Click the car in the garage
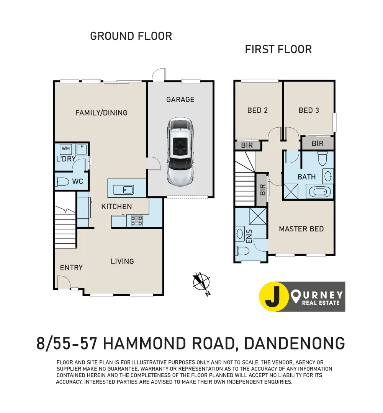pos(180,152)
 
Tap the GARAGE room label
pos(180,99)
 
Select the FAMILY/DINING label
pos(101,113)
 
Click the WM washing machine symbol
pos(65,149)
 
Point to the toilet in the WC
pos(63,182)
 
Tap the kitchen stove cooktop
pos(137,221)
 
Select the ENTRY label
pos(71,268)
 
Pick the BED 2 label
pos(257,111)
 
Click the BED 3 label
pos(309,111)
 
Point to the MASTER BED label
pos(301,229)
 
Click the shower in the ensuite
pos(257,216)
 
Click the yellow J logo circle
pos(274,297)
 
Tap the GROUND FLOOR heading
pos(131,36)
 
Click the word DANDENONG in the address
pos(294,343)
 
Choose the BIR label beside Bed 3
pos(318,144)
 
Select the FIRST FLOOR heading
pos(278,49)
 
